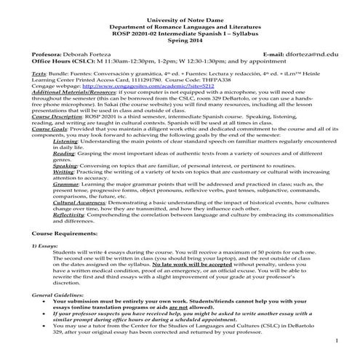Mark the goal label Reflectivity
pos(70,235)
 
